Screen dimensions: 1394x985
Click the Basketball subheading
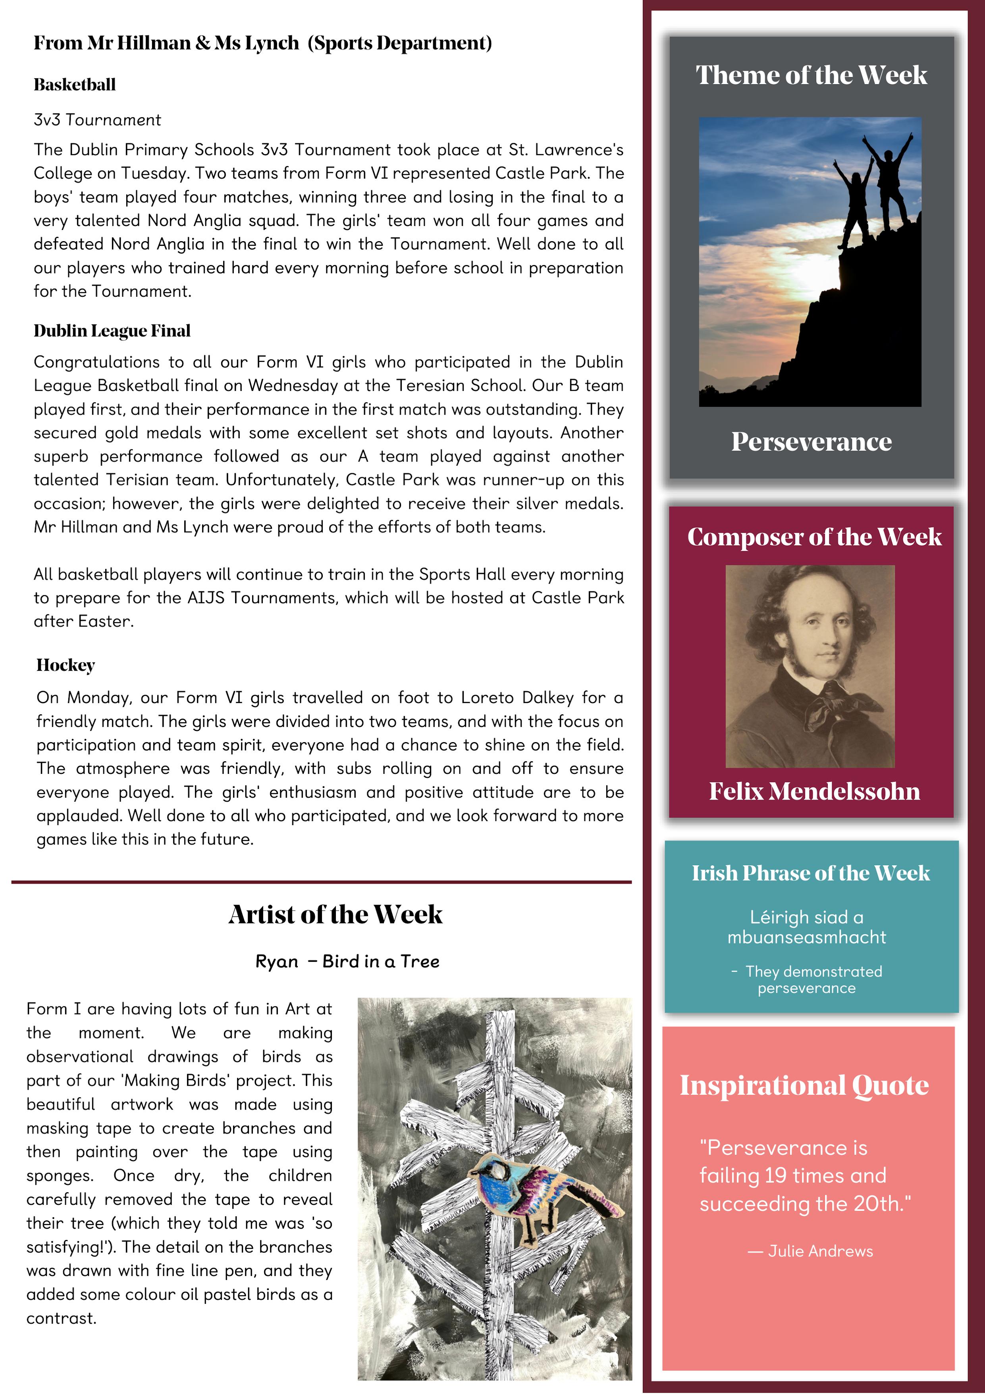75,84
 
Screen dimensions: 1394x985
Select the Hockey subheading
66,665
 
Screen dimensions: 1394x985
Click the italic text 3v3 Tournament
97,120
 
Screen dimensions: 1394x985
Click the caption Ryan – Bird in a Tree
347,961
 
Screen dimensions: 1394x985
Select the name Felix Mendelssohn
814,791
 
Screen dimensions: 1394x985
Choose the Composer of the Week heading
814,537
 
